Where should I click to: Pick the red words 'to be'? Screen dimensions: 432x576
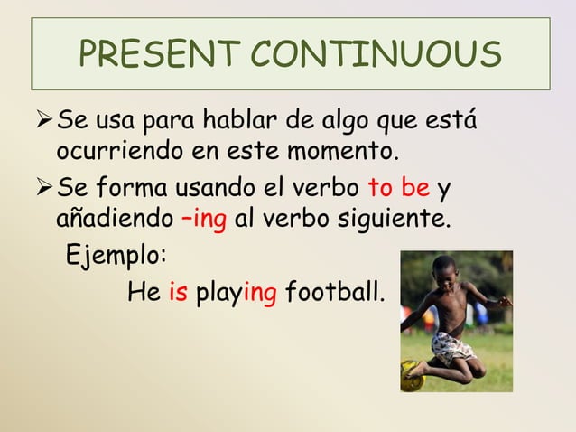[398, 191]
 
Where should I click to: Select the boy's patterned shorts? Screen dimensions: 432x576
[451, 345]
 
